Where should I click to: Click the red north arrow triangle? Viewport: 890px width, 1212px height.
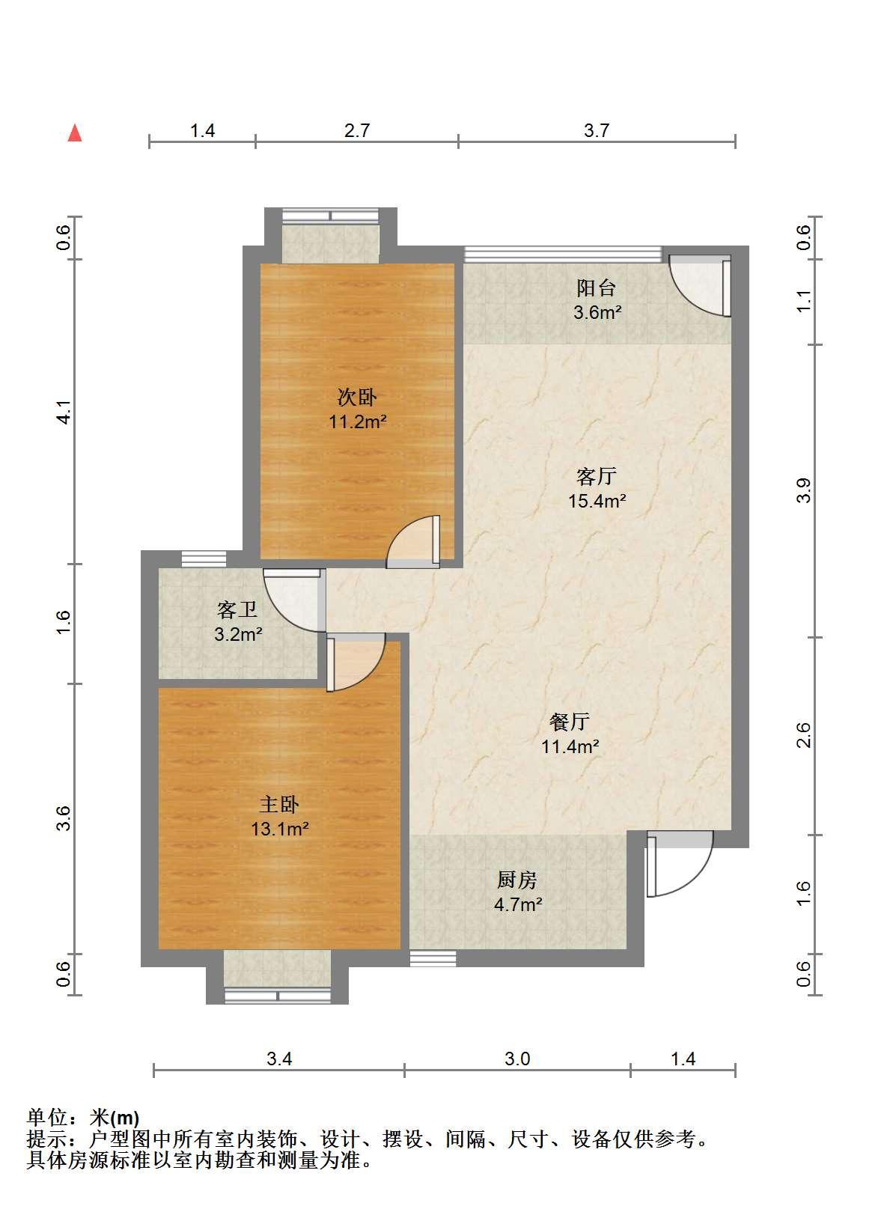75,133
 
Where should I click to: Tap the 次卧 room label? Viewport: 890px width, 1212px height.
357,398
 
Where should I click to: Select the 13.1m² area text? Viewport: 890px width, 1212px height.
280,829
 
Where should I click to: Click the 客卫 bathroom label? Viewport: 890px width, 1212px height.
237,610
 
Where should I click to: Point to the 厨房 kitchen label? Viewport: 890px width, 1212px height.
517,880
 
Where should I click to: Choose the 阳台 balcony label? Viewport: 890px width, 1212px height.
597,288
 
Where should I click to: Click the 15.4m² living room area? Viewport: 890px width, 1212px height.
597,501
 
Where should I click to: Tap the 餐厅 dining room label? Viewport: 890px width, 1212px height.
570,721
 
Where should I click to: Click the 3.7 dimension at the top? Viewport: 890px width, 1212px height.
597,130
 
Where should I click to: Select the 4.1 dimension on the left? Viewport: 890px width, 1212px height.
64,412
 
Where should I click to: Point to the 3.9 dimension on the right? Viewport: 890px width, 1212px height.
804,491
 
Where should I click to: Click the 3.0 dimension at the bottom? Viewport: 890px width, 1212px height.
517,1059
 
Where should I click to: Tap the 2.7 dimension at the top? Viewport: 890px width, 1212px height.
357,130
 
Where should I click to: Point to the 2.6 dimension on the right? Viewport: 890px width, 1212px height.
804,735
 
